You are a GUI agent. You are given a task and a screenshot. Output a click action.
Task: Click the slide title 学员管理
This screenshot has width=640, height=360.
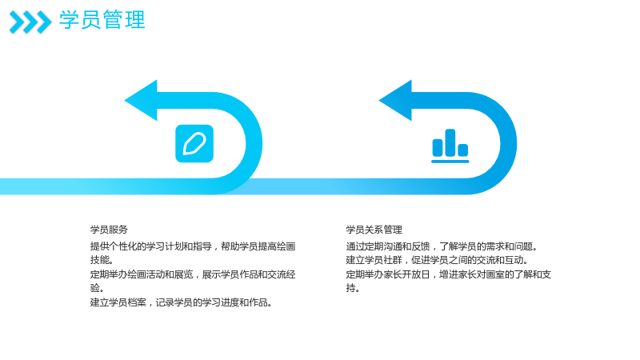click(x=102, y=20)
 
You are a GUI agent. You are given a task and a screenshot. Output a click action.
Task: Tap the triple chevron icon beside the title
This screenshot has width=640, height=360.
click(x=30, y=22)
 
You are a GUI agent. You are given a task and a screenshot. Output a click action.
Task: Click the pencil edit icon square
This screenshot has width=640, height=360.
click(x=194, y=144)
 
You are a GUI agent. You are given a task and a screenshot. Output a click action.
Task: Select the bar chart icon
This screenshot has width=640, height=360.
click(x=450, y=146)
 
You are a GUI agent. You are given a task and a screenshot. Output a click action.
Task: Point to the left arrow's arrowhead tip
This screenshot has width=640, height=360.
click(x=125, y=101)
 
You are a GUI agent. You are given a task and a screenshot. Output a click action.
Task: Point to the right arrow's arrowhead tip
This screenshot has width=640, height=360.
click(x=379, y=101)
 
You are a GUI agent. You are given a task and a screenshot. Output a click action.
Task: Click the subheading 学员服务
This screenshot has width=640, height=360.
click(x=109, y=230)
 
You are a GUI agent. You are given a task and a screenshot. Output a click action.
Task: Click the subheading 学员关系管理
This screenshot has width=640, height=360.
click(x=374, y=230)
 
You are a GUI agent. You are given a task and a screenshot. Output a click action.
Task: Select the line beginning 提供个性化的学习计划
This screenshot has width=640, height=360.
click(x=193, y=246)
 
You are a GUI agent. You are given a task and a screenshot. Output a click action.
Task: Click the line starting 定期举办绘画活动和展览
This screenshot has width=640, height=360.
click(x=193, y=274)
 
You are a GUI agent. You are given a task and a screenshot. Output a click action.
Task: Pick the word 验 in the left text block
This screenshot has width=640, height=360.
click(x=95, y=288)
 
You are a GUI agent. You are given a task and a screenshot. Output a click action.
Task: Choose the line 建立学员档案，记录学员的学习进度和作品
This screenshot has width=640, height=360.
click(x=182, y=302)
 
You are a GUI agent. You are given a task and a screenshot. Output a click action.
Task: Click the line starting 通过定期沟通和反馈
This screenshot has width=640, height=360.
click(x=442, y=246)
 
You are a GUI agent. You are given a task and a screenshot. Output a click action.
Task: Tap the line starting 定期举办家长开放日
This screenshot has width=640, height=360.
click(x=449, y=274)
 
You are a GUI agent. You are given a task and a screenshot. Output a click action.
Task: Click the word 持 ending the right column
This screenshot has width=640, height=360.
click(x=351, y=288)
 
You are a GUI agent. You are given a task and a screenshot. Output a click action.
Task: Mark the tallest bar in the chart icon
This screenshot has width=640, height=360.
click(x=450, y=142)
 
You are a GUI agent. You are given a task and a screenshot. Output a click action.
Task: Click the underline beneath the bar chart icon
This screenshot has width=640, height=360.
click(x=450, y=162)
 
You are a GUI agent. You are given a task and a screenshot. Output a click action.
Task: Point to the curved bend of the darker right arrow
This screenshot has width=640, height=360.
click(x=508, y=143)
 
